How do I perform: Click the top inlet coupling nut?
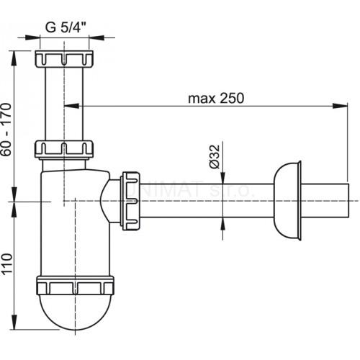[65, 58]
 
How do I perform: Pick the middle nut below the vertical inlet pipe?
[65, 149]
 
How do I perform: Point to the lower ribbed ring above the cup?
[74, 285]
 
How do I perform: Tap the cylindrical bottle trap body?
[72, 223]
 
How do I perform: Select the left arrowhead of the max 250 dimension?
[70, 107]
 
